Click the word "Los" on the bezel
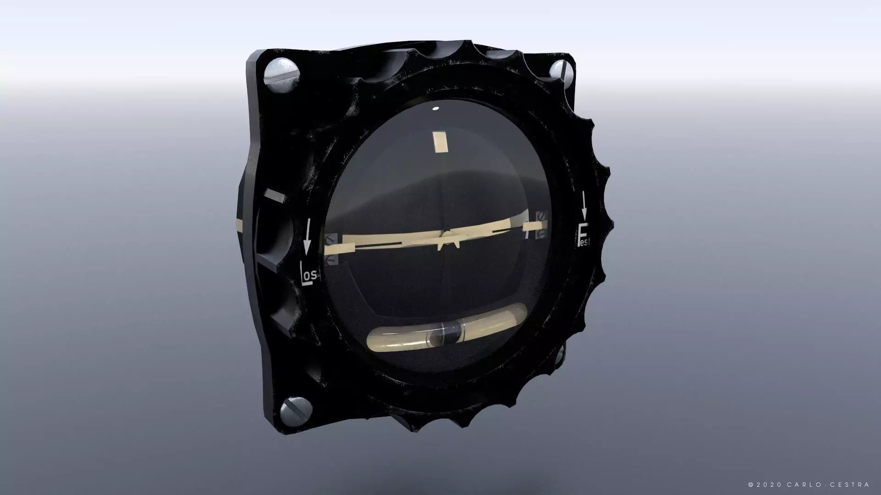click(309, 274)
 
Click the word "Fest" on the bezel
click(584, 235)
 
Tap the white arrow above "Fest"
click(584, 205)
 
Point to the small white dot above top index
click(435, 109)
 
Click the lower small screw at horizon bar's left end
click(332, 260)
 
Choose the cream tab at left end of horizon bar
click(340, 249)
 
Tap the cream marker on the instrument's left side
click(275, 196)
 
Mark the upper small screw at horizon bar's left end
click(331, 239)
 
